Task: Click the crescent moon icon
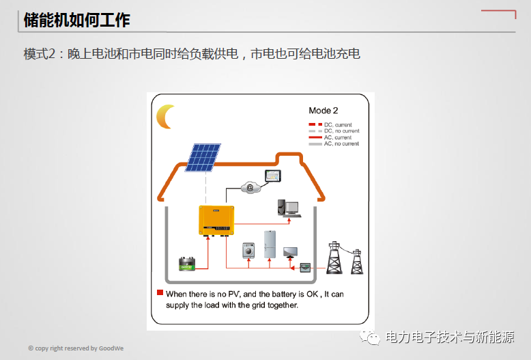click(x=162, y=117)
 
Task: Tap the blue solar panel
click(x=203, y=158)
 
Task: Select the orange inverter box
click(x=216, y=220)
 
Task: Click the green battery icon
click(x=187, y=264)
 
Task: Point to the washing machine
click(x=248, y=251)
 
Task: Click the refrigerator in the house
click(x=270, y=244)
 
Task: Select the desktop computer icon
click(x=289, y=208)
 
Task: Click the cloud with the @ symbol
click(x=250, y=187)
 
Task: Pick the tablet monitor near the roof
click(x=272, y=176)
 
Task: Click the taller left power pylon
click(x=334, y=258)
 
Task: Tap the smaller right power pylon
click(x=357, y=262)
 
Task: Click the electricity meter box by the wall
click(x=305, y=268)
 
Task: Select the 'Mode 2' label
click(x=324, y=111)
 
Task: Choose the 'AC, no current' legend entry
click(x=334, y=143)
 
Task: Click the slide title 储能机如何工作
click(x=77, y=20)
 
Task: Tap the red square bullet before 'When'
click(x=160, y=292)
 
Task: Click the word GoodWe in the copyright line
click(x=111, y=348)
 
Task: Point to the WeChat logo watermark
click(x=369, y=337)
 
